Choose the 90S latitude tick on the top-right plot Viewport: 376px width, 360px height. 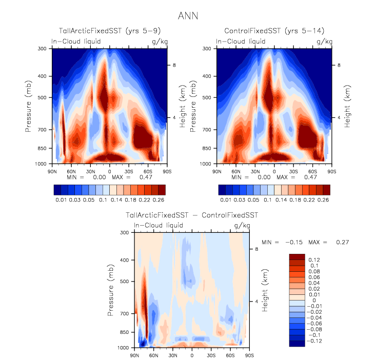(331, 171)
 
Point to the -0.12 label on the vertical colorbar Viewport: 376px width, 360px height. (315, 340)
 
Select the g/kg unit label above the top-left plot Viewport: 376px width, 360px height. (158, 41)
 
